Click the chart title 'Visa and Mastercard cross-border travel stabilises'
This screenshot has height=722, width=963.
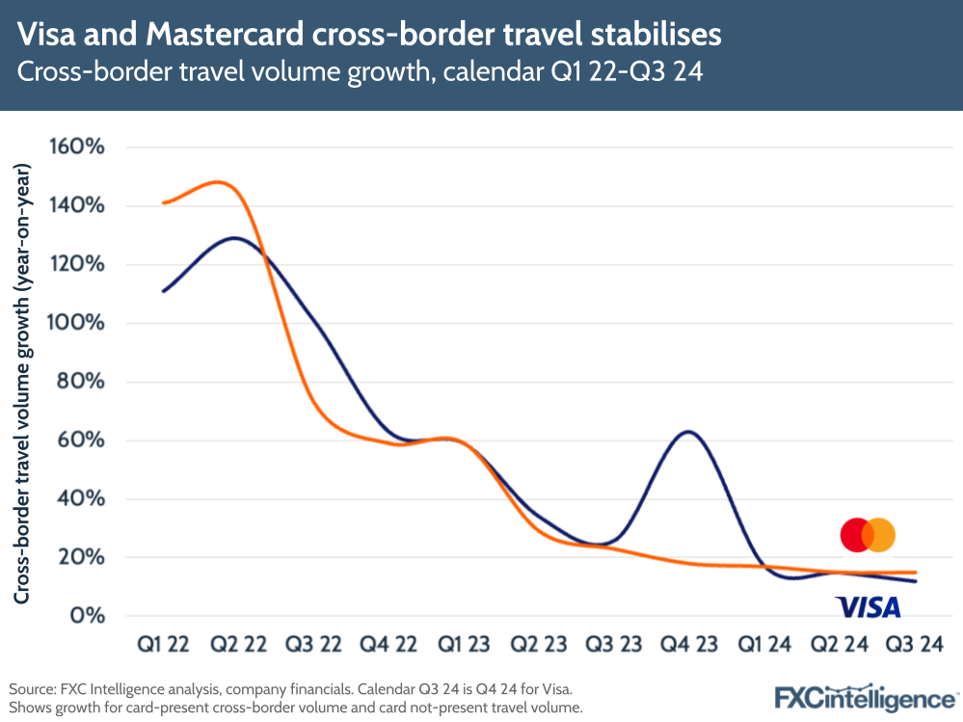(x=369, y=35)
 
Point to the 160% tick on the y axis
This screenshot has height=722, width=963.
(x=78, y=147)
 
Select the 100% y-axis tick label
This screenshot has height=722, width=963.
(x=78, y=323)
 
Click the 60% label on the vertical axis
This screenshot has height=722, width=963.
(x=83, y=441)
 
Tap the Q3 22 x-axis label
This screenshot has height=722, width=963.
(x=314, y=644)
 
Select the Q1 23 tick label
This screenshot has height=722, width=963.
(x=464, y=644)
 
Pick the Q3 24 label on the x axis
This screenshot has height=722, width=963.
(x=913, y=644)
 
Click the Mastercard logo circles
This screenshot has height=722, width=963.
(x=868, y=534)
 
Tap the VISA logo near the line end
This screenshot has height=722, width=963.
(x=868, y=606)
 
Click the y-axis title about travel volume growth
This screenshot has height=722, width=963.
(x=22, y=384)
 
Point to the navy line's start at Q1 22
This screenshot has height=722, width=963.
(x=164, y=291)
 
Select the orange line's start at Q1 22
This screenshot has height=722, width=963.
(x=164, y=203)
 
